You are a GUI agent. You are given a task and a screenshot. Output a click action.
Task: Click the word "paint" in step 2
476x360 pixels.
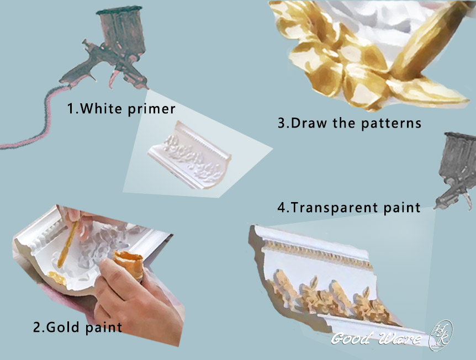[x=104, y=327]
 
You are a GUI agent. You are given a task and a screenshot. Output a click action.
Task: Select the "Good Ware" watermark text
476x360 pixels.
[x=375, y=338]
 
